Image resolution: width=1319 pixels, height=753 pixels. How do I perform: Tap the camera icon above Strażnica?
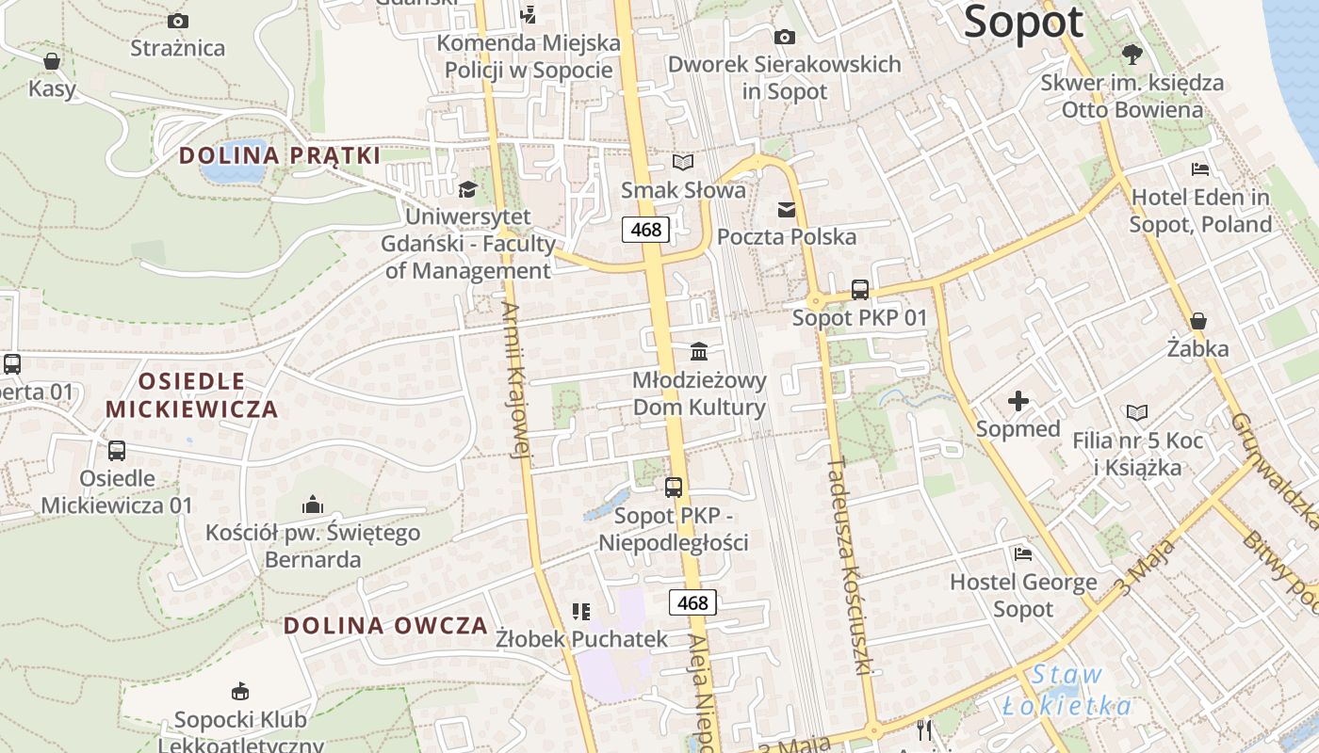177,21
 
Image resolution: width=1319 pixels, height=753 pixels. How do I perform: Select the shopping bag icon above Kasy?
52,61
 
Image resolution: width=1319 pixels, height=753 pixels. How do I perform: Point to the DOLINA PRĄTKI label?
279,155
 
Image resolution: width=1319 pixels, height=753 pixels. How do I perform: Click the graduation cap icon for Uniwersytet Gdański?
467,190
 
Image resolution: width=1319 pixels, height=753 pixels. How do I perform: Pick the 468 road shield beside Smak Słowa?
645,229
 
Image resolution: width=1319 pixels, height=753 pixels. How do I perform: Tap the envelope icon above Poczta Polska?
786,209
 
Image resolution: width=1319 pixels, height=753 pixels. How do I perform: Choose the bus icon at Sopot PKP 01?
859,290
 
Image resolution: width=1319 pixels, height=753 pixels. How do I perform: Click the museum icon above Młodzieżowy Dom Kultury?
699,352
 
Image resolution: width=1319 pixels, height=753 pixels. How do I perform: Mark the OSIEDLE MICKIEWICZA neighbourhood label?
192,395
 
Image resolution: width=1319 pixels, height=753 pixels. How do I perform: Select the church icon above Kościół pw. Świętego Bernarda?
313,505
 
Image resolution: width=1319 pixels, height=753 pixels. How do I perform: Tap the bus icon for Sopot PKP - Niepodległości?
673,488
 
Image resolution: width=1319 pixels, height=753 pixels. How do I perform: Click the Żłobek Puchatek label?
581,639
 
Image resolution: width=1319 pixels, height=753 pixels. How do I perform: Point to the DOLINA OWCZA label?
385,626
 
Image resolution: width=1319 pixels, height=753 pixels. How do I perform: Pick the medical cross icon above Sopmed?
1018,402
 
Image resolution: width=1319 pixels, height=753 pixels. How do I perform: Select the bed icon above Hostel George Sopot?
1022,553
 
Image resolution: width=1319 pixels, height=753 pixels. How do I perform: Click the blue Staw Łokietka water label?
1067,690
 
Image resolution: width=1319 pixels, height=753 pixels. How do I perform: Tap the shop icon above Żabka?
1197,322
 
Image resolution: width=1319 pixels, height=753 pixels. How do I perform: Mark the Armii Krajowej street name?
517,380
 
